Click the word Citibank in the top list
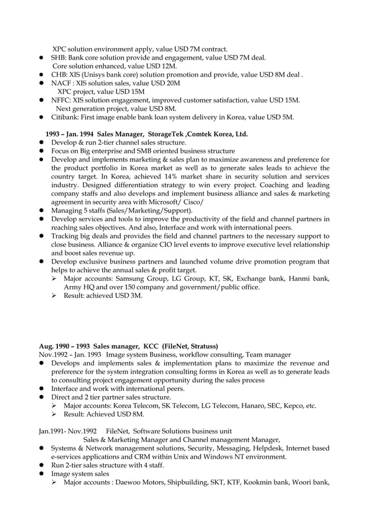pyautogui.click(x=65, y=117)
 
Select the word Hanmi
pyautogui.click(x=300, y=279)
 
